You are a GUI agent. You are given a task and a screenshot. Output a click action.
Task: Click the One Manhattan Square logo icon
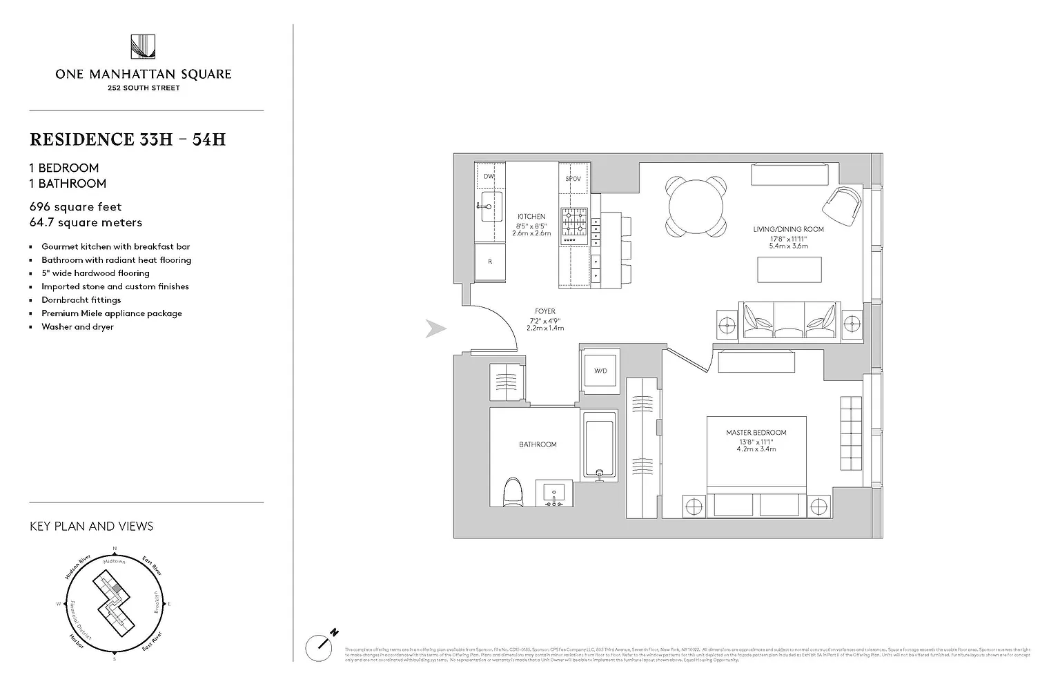tap(143, 47)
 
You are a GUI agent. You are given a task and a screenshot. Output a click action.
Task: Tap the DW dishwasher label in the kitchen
tap(489, 177)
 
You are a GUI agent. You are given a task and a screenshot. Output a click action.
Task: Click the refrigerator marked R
tap(490, 262)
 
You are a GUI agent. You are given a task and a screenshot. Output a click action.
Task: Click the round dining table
tap(696, 206)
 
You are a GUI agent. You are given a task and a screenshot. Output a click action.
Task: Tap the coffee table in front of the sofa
tap(789, 269)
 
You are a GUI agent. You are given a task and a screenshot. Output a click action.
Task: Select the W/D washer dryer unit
tap(600, 371)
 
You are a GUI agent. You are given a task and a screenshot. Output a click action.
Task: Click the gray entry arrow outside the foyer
tap(435, 329)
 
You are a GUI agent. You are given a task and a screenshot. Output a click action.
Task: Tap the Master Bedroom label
tap(756, 433)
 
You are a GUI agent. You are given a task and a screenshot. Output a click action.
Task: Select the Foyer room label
tap(544, 311)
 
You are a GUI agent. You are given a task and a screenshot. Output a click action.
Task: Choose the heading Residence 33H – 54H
tap(128, 139)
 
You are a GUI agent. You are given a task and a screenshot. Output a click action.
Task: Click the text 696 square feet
tap(75, 206)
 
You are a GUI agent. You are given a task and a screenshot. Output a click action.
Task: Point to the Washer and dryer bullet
tap(77, 326)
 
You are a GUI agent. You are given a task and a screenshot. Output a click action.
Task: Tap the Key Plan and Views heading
tap(91, 526)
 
